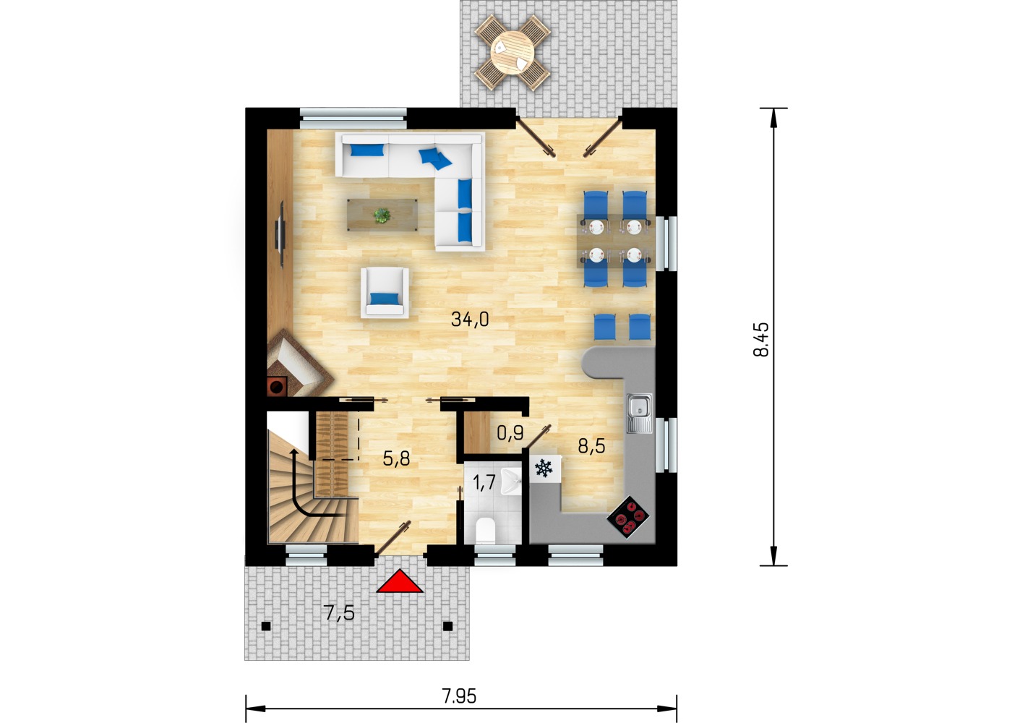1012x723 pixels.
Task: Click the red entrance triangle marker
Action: click(x=400, y=581)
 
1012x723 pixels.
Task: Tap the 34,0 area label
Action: click(x=470, y=320)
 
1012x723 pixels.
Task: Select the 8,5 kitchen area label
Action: click(x=591, y=447)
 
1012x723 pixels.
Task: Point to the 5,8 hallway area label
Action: click(x=396, y=458)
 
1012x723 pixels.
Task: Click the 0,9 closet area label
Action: click(x=510, y=433)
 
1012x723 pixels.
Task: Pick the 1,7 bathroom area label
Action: click(x=484, y=482)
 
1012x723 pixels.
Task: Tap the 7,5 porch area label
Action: click(x=339, y=613)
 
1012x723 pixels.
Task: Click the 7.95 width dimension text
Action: click(x=460, y=696)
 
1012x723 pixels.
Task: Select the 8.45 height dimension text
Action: click(x=761, y=339)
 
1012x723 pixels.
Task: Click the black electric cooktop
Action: click(x=628, y=518)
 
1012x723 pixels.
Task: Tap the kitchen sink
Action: click(x=639, y=413)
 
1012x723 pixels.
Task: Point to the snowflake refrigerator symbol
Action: click(x=544, y=469)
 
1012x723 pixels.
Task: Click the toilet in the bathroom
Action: click(x=486, y=530)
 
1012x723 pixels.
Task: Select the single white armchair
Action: click(x=385, y=292)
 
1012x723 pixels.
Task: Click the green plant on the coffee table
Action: click(x=382, y=215)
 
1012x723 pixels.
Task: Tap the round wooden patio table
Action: click(x=513, y=52)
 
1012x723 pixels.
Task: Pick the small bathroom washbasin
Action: click(x=512, y=482)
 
